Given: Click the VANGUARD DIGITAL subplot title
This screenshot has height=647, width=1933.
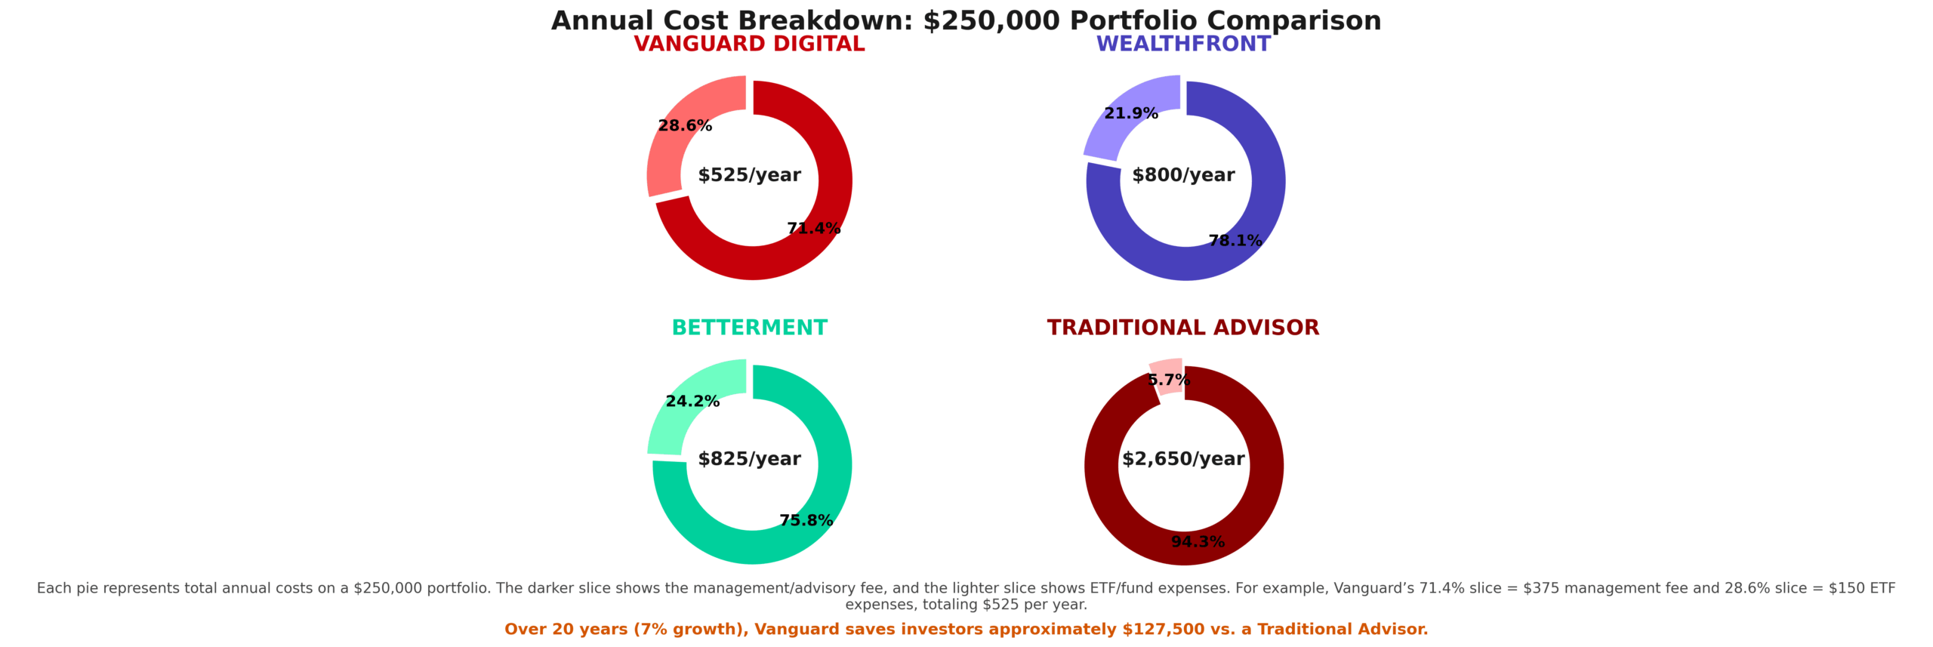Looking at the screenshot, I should (749, 45).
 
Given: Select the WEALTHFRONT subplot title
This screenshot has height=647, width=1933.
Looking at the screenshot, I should (1183, 45).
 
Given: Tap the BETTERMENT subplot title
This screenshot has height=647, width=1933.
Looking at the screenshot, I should (749, 328).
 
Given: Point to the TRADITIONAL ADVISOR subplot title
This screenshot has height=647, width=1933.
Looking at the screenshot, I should (1182, 328).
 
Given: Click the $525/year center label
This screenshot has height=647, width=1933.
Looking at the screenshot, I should (749, 175).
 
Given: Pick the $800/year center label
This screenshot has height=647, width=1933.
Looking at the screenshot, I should (1183, 175).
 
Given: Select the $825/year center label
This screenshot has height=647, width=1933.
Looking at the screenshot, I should (749, 459).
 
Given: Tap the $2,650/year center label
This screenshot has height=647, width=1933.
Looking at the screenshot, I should (1183, 459).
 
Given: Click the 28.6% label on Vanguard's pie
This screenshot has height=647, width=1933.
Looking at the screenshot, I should (685, 126).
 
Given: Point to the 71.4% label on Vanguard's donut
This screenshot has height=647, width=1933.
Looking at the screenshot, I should (813, 229).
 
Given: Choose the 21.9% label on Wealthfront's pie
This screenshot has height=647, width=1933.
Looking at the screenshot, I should (1130, 114).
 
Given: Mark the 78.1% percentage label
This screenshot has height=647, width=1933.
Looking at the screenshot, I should (1235, 241).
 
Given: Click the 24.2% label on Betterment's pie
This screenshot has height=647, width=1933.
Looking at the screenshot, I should (692, 402).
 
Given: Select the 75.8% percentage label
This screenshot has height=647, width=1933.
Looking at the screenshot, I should (806, 521).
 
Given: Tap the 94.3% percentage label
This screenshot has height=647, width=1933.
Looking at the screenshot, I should (1198, 542).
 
